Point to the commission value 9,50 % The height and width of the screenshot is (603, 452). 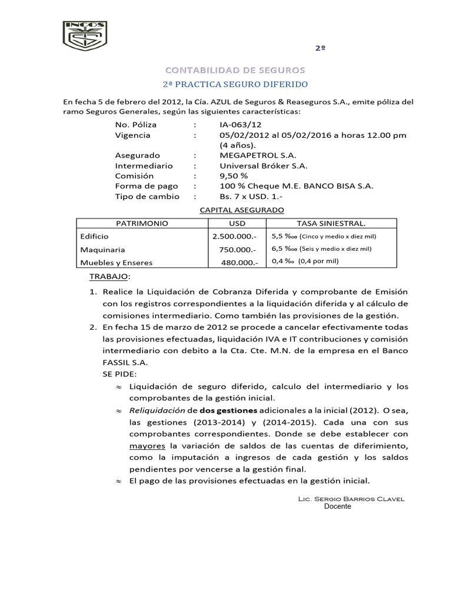(x=233, y=175)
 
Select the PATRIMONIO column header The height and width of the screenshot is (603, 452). (x=142, y=224)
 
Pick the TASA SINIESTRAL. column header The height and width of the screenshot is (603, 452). (x=331, y=224)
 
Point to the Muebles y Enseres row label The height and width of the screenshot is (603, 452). (x=116, y=263)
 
